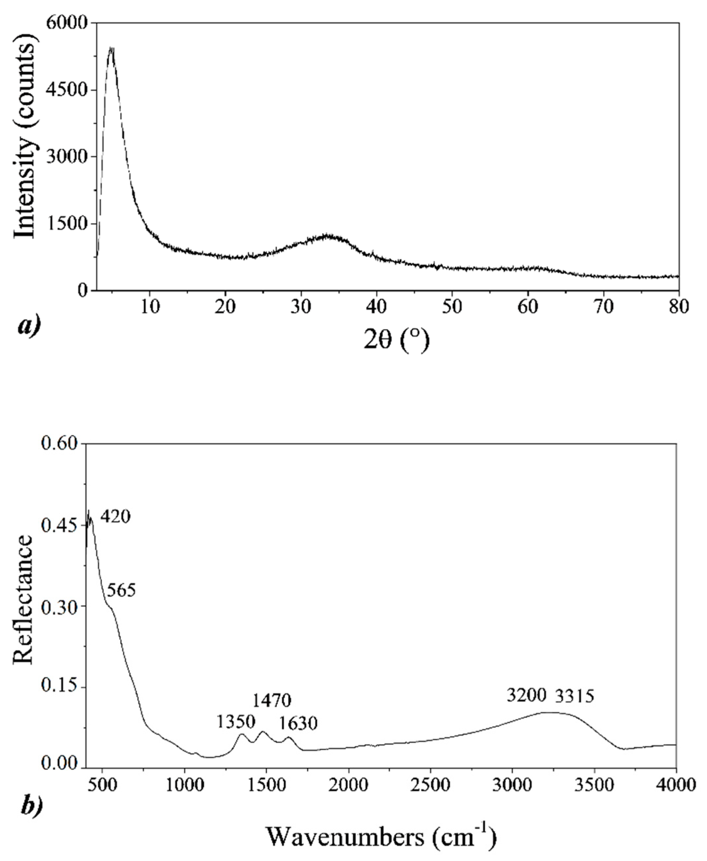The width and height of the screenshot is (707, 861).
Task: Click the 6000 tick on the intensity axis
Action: pyautogui.click(x=72, y=23)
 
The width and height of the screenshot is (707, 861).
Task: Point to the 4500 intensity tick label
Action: pyautogui.click(x=72, y=90)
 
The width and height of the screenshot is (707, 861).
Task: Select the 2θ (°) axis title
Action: pyautogui.click(x=396, y=341)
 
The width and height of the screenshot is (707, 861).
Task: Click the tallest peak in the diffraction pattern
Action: pyautogui.click(x=111, y=49)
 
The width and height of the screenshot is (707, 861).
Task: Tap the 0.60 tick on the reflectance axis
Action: pyautogui.click(x=60, y=443)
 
